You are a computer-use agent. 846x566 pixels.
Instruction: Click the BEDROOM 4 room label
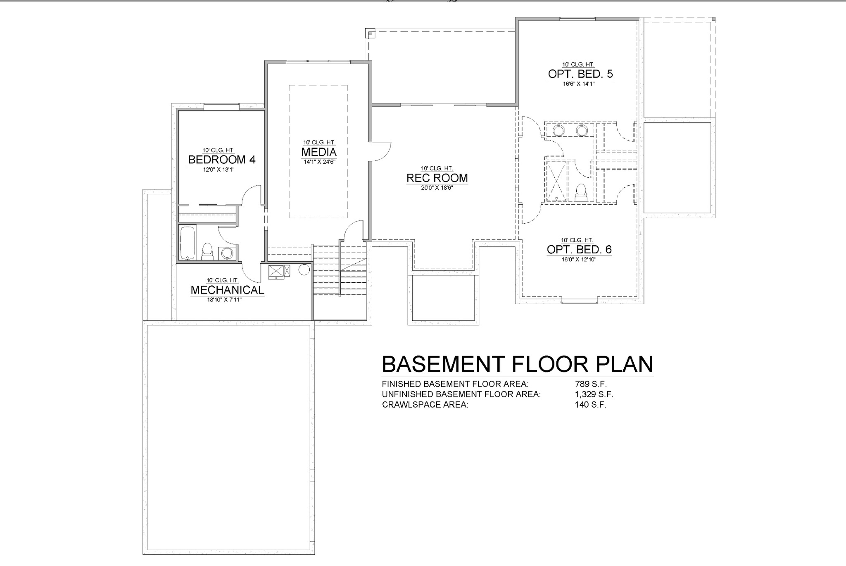click(x=222, y=160)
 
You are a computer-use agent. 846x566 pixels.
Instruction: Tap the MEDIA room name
click(x=319, y=152)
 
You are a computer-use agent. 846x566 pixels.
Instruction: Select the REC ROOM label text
click(x=437, y=178)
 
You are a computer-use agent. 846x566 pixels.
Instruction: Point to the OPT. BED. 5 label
click(x=580, y=74)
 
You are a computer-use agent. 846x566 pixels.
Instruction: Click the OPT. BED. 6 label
click(x=579, y=250)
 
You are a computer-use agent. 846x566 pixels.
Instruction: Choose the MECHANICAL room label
click(x=227, y=290)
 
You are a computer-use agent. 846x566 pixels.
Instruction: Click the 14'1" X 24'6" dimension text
click(x=319, y=162)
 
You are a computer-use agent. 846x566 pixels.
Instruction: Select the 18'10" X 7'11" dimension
click(x=224, y=300)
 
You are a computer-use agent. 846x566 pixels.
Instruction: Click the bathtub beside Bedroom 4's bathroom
click(x=188, y=243)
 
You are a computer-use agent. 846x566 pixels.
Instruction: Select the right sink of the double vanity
click(x=582, y=131)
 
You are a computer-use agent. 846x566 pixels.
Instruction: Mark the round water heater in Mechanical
click(x=304, y=270)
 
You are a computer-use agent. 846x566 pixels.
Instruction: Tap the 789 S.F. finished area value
click(x=591, y=384)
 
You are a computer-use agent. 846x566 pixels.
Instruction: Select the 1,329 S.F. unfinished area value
click(x=594, y=394)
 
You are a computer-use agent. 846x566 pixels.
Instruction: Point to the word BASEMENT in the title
click(x=443, y=364)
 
